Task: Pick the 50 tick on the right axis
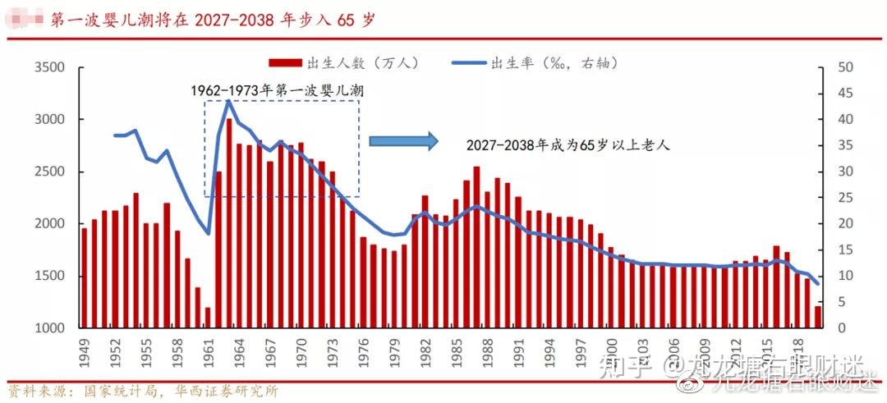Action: [843, 67]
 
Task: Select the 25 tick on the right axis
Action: [843, 198]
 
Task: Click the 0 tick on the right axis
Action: [840, 328]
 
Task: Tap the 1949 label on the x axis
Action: [84, 351]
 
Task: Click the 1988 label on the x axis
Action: [486, 351]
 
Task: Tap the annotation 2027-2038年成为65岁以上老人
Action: [569, 144]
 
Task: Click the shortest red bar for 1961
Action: [208, 318]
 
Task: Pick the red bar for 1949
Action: [84, 278]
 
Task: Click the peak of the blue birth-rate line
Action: [228, 100]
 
